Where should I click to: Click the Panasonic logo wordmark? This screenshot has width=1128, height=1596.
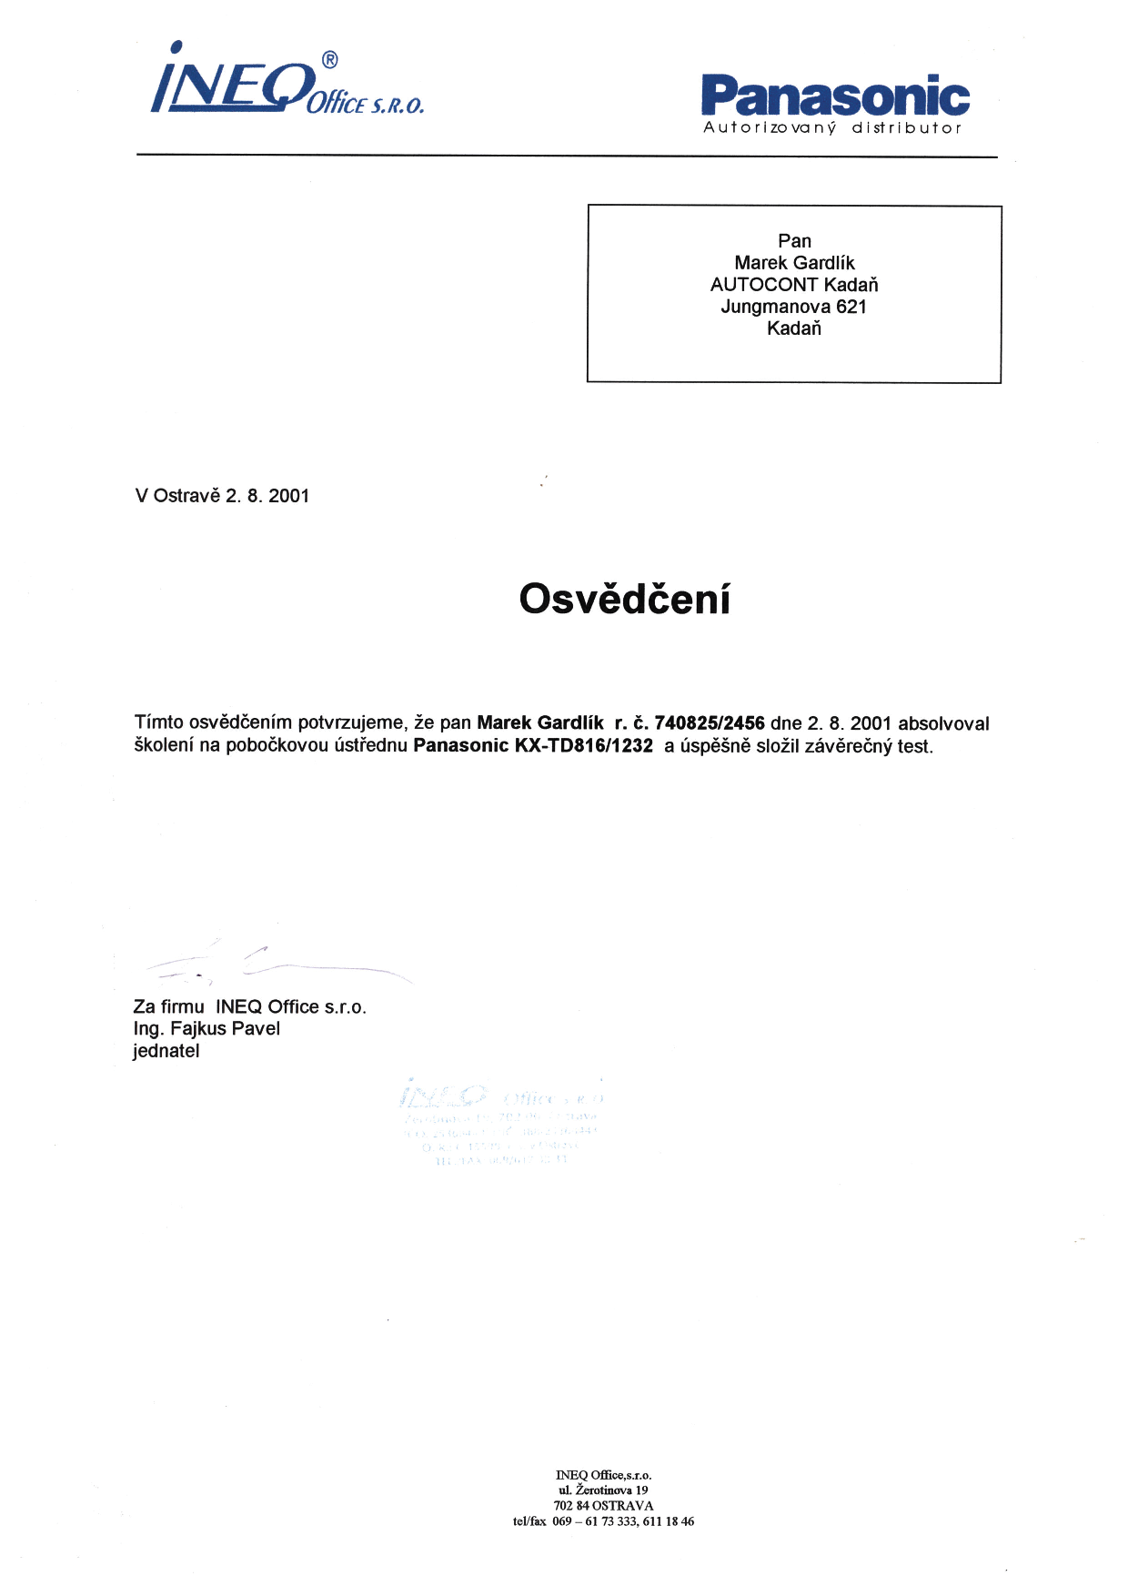(835, 96)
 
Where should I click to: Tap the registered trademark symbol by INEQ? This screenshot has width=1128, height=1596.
(329, 60)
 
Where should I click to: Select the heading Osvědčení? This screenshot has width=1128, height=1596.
(624, 600)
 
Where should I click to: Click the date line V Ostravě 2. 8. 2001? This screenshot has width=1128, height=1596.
(222, 496)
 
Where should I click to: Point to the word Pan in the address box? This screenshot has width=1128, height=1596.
(794, 241)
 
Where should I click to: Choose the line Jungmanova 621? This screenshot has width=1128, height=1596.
(793, 307)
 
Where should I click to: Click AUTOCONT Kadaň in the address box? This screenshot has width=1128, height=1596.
(793, 285)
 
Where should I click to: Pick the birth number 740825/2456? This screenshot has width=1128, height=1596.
(710, 723)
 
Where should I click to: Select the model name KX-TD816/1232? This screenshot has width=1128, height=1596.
(584, 746)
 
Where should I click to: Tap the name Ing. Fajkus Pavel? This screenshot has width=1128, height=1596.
(206, 1029)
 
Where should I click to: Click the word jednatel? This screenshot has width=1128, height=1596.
(166, 1051)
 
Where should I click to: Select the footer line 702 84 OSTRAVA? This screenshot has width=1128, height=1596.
(603, 1506)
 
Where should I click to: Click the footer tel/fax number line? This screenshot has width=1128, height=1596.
(603, 1521)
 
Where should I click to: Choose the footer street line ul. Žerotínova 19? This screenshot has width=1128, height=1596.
(603, 1490)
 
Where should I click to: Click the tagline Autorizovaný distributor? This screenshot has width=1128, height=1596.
(831, 128)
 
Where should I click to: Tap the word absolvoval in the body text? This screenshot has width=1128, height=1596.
(943, 724)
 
